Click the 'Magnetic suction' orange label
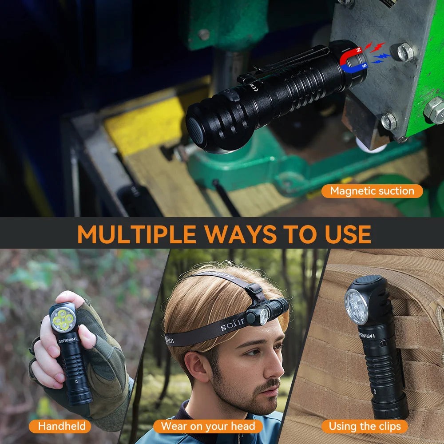coord(372,191)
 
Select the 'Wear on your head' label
coord(208,426)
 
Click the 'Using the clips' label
coord(365,426)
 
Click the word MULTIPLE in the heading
coord(136,234)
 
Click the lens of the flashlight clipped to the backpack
coord(357,306)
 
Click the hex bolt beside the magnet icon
coord(403,52)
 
